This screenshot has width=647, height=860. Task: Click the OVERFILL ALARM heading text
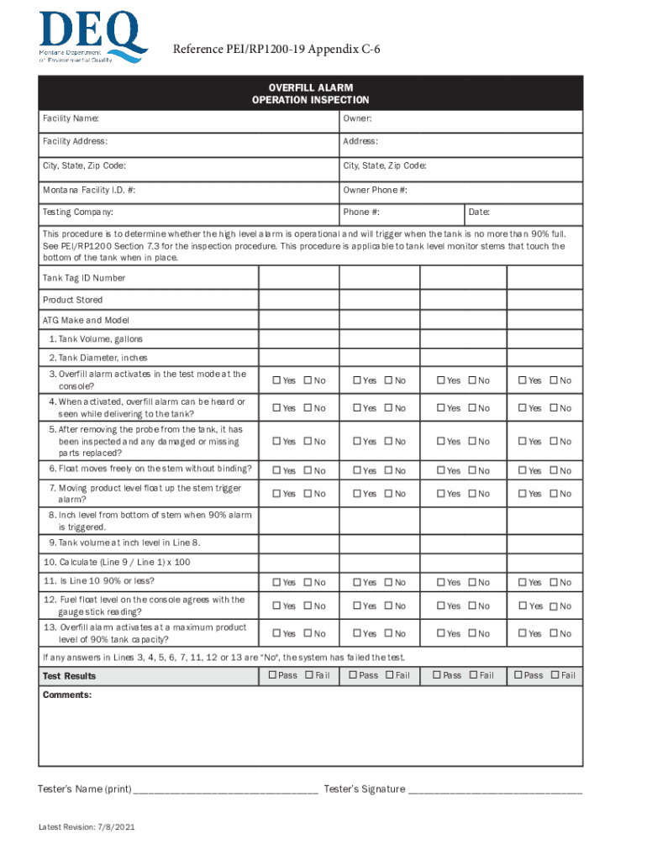click(310, 87)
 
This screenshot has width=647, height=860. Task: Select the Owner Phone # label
click(375, 191)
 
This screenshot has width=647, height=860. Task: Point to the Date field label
click(480, 212)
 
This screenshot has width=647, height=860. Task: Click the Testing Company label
click(77, 212)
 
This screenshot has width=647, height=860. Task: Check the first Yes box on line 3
click(275, 380)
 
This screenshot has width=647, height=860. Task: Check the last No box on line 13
click(553, 633)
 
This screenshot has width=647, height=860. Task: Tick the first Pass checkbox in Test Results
click(272, 675)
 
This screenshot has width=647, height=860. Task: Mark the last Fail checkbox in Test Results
click(555, 675)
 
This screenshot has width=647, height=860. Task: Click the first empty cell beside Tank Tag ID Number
click(298, 278)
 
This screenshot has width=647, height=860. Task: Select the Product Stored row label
click(72, 300)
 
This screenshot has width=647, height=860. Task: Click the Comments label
click(66, 695)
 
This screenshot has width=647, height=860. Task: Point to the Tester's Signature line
click(495, 790)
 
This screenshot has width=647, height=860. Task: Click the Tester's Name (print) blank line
click(226, 790)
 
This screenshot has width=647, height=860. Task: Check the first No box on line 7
click(307, 494)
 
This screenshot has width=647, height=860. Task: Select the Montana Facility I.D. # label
click(88, 191)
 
